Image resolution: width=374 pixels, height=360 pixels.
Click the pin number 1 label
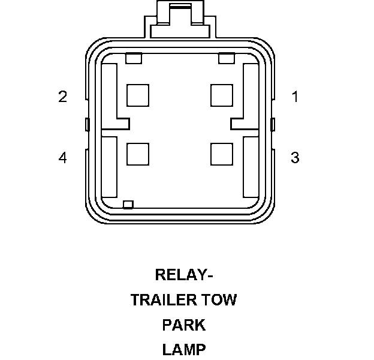[294, 97]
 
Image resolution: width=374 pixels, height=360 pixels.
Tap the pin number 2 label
[62, 97]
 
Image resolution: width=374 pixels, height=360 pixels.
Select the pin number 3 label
[294, 158]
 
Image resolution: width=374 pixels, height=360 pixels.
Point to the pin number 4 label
[62, 158]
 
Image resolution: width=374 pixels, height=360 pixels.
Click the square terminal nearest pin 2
[138, 95]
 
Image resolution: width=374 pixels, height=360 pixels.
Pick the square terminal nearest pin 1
[222, 95]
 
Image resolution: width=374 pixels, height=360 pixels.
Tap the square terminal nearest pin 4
[138, 154]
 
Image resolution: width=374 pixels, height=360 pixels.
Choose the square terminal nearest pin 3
[222, 154]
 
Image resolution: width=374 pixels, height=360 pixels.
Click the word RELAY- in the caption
[184, 275]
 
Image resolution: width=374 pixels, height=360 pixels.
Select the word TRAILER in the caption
[160, 300]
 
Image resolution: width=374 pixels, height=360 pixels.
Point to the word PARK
[184, 325]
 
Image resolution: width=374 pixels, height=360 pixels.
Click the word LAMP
[184, 349]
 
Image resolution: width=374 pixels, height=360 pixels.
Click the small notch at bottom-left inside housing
[127, 205]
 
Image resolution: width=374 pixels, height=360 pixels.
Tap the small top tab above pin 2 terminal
[134, 58]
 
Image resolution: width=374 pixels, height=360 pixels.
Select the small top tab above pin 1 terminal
[226, 58]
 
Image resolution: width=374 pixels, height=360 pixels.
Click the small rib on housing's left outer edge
[87, 125]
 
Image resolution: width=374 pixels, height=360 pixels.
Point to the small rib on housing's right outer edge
[273, 125]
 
